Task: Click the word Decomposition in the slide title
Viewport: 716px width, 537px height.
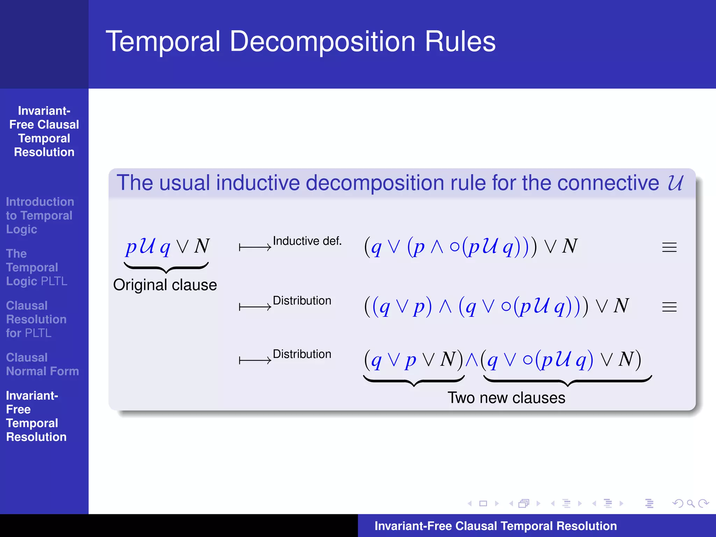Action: pyautogui.click(x=322, y=42)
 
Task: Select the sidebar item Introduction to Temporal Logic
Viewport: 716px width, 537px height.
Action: pyautogui.click(x=40, y=215)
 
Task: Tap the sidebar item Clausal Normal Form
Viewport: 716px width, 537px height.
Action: pyautogui.click(x=42, y=364)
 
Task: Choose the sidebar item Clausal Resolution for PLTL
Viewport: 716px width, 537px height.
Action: pyautogui.click(x=36, y=319)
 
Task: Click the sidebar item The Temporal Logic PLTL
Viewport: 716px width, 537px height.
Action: pyautogui.click(x=36, y=267)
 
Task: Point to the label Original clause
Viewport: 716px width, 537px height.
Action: pyautogui.click(x=165, y=285)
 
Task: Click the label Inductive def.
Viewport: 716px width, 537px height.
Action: pyautogui.click(x=307, y=241)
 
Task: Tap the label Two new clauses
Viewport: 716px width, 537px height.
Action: pyautogui.click(x=506, y=398)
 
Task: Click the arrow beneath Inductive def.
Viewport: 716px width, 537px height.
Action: pyautogui.click(x=255, y=248)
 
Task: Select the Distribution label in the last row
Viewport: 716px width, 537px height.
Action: pyautogui.click(x=302, y=354)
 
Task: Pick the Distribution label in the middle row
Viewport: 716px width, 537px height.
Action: pyautogui.click(x=302, y=301)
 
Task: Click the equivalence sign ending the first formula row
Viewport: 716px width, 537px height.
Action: pyautogui.click(x=669, y=248)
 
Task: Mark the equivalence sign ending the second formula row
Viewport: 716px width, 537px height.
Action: pyautogui.click(x=669, y=307)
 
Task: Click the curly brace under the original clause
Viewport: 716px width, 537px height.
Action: pyautogui.click(x=166, y=267)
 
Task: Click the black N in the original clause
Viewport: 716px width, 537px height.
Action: pyautogui.click(x=202, y=246)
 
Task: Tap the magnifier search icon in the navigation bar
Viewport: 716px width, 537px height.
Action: pyautogui.click(x=690, y=503)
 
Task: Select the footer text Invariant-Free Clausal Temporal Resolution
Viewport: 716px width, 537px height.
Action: pyautogui.click(x=495, y=526)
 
